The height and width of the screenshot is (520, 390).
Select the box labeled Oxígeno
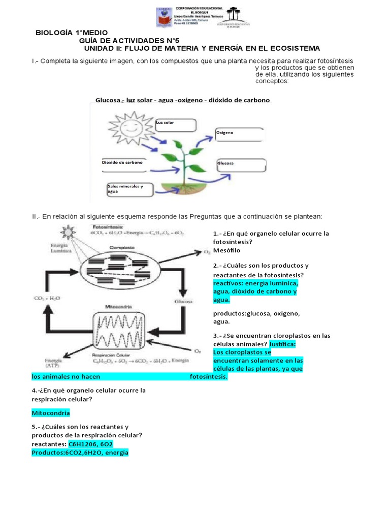(x=240, y=135)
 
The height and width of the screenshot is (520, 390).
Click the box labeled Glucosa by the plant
(x=241, y=167)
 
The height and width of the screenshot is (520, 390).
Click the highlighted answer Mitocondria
(x=51, y=413)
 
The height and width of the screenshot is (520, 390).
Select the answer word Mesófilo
(x=226, y=250)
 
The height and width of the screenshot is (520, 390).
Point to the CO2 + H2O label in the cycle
(x=47, y=298)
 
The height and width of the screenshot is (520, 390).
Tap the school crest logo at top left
(x=163, y=17)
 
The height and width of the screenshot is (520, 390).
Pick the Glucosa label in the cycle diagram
(x=183, y=302)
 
